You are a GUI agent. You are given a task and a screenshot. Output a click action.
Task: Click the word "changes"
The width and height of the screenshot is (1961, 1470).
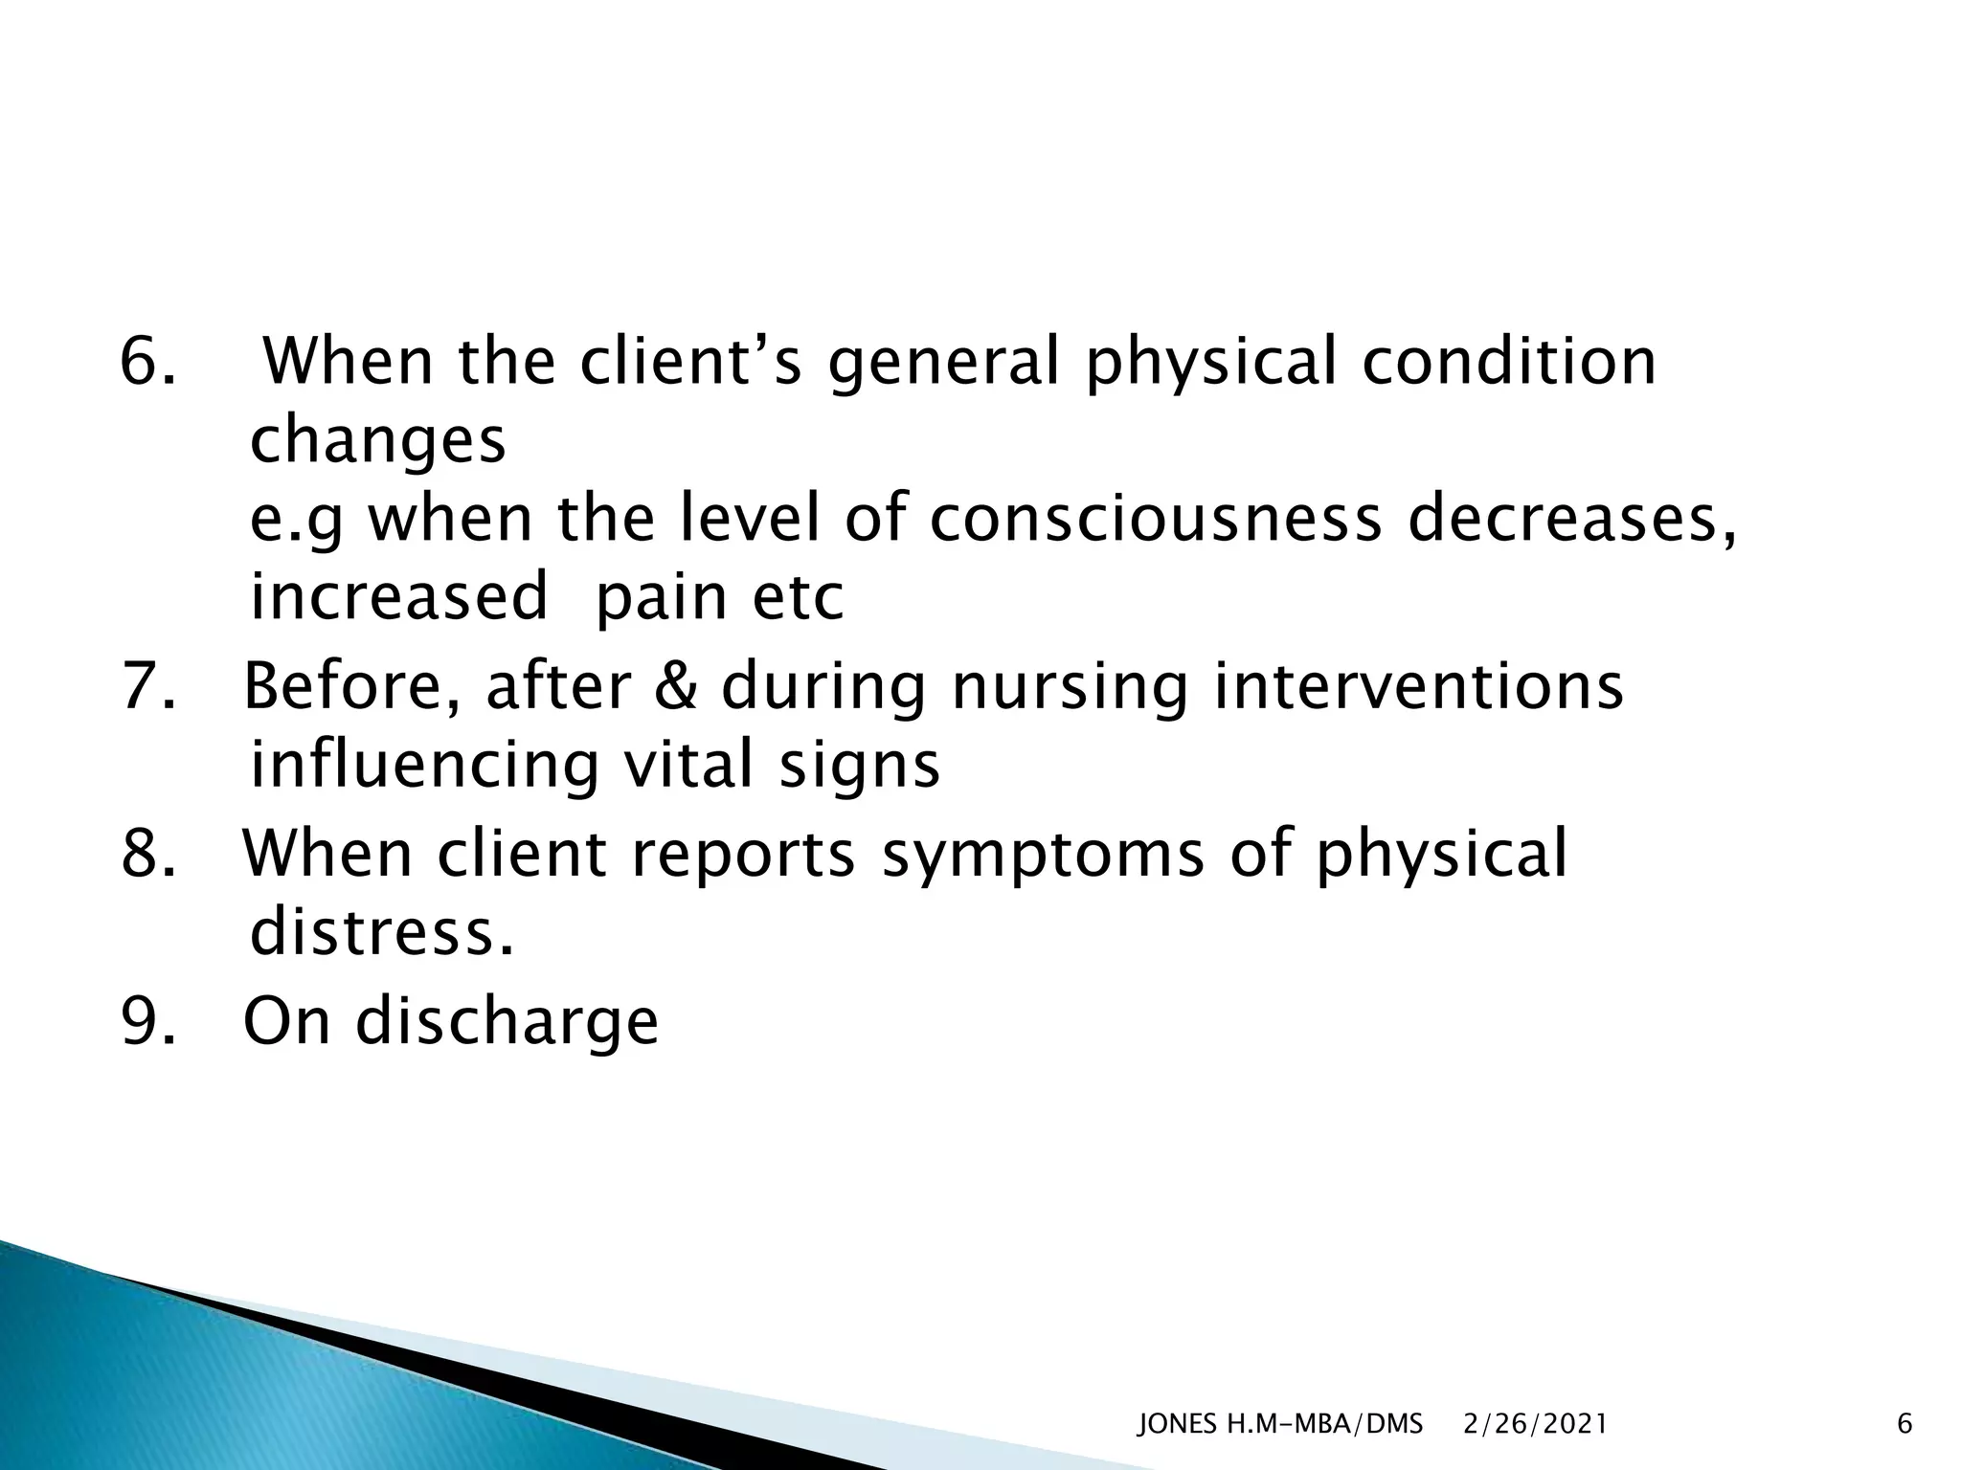tap(377, 442)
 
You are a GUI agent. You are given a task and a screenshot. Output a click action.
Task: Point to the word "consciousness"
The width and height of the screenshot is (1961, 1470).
tap(1155, 520)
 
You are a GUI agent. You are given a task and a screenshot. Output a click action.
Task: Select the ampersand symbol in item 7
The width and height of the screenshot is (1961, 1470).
tap(676, 687)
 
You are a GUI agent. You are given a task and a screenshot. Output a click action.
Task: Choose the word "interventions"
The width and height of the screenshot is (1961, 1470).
tap(1418, 687)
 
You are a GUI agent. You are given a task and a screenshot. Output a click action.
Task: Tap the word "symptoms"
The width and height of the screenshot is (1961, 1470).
tap(1042, 855)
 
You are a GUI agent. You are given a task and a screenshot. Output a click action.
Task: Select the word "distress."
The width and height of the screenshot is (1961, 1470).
tap(381, 932)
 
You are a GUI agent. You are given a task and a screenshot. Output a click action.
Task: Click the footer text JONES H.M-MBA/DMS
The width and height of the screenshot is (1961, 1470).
tap(1279, 1424)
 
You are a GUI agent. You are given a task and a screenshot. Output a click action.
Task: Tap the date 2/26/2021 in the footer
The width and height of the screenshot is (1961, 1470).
tap(1536, 1424)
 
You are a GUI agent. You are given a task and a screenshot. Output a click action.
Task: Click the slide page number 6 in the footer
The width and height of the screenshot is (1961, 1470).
tap(1905, 1424)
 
